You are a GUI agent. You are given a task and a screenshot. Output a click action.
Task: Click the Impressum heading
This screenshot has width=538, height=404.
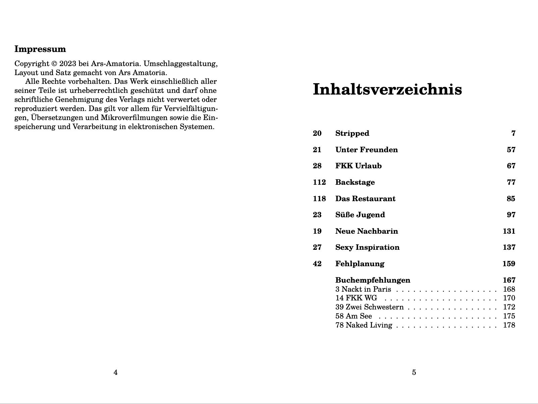coord(40,49)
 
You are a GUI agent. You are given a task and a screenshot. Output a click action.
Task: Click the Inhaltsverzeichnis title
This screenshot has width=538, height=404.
coord(387,90)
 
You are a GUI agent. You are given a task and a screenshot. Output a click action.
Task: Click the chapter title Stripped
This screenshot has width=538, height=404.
coord(352,133)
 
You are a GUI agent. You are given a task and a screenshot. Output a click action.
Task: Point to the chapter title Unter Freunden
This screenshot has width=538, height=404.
coord(366,150)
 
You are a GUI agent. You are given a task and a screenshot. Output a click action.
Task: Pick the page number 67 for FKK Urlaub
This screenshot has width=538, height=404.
coord(511,166)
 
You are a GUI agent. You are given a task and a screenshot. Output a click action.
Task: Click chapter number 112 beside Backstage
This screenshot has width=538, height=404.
coord(319,182)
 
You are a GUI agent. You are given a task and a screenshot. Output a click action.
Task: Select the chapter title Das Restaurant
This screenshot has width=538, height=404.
coord(365,199)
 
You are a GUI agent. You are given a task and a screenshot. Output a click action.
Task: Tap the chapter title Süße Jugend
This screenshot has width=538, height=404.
coord(360,215)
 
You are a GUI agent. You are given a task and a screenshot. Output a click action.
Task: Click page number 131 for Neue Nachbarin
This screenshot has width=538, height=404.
coord(509,231)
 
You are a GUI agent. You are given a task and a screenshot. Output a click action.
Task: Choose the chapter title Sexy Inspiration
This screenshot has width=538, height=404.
coord(367,247)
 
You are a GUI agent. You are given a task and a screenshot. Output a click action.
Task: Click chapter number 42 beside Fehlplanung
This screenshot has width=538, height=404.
coord(317,264)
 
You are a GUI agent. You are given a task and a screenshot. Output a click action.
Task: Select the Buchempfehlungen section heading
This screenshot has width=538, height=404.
coord(373,280)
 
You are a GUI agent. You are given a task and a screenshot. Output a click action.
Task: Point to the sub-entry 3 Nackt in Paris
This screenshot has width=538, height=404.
coord(363,289)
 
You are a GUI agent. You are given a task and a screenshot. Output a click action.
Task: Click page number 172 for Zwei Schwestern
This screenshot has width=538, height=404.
coord(509,307)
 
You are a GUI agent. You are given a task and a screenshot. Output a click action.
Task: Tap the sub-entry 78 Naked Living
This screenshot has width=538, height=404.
coord(364,325)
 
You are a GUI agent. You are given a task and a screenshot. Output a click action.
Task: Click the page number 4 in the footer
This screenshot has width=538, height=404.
coord(116,372)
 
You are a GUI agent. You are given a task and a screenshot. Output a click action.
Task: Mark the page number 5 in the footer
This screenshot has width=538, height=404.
coord(414,372)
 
